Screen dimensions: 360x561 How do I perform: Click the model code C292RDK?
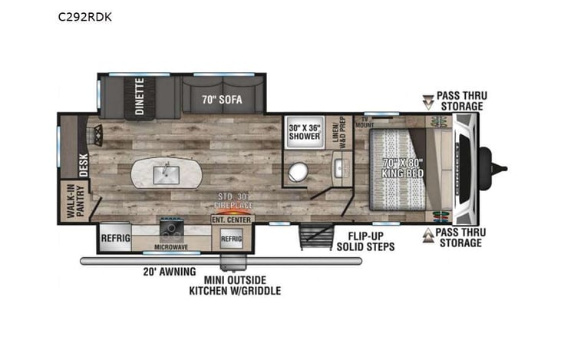click(84, 15)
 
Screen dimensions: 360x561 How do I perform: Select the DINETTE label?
click(140, 96)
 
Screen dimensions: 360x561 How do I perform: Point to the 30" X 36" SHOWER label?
click(303, 130)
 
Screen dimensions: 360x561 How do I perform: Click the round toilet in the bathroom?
click(296, 174)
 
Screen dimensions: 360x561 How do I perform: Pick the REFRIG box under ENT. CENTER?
click(231, 239)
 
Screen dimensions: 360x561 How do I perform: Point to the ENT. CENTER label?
click(230, 220)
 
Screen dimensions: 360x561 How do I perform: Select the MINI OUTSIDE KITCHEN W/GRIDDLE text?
click(235, 285)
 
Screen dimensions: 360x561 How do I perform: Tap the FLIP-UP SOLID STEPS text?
click(365, 241)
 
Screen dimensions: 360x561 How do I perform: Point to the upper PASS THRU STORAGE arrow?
click(428, 101)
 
